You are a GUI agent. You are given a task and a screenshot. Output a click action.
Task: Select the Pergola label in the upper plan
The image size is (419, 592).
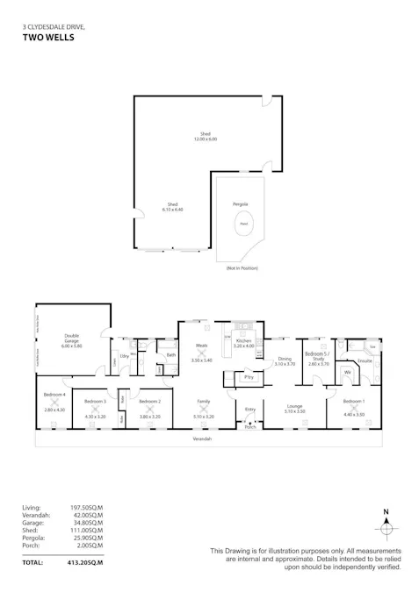(240, 203)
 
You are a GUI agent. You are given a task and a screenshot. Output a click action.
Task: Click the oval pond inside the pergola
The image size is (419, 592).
(243, 225)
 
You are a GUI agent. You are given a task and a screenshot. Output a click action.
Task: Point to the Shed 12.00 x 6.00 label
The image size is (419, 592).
(206, 136)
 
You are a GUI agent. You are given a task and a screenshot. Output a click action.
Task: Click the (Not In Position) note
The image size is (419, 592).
(242, 267)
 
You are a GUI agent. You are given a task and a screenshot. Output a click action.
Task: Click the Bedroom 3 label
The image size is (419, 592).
(96, 402)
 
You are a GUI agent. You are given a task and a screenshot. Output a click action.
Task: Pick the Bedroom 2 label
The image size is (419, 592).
(149, 402)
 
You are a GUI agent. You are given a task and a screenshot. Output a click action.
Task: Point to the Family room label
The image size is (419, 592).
(203, 402)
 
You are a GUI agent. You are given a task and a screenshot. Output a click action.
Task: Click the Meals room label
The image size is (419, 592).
(201, 347)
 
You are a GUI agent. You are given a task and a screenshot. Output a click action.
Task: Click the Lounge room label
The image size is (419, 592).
(295, 407)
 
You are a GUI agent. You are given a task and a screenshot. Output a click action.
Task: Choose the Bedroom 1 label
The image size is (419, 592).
(352, 402)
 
